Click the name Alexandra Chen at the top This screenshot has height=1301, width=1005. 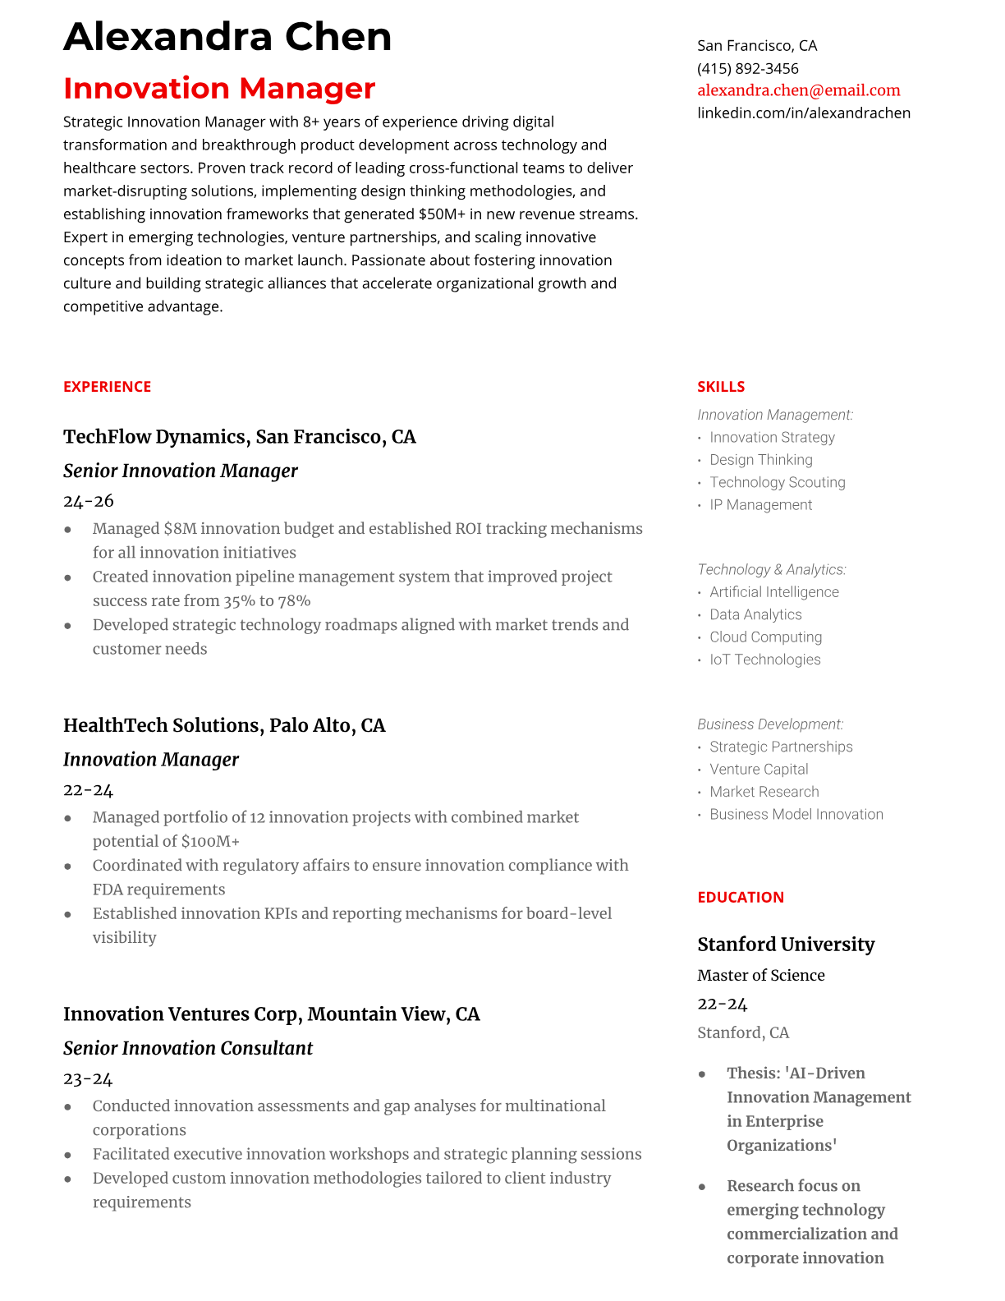tap(227, 37)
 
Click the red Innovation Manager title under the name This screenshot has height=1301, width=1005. tap(219, 88)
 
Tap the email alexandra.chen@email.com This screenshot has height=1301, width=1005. tap(798, 90)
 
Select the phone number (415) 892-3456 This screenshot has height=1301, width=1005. tap(747, 68)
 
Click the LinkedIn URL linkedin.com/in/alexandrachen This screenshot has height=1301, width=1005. tap(803, 113)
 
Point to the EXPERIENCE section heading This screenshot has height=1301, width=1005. tap(107, 387)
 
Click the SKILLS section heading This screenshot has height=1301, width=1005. tap(720, 387)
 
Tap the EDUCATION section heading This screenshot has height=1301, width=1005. tap(740, 898)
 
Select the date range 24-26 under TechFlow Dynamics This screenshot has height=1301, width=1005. tap(88, 501)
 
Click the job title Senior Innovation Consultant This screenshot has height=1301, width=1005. tap(188, 1048)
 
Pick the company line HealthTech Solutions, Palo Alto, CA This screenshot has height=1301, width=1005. tap(224, 725)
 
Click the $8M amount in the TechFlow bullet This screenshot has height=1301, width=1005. tap(180, 529)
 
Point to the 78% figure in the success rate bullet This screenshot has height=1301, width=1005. tap(293, 601)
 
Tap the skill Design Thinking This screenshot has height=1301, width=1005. tap(760, 460)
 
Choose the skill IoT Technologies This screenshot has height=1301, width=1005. tap(764, 660)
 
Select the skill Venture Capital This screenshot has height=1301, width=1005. tap(759, 770)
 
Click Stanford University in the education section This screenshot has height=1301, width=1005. tap(786, 945)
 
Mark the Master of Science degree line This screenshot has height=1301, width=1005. tap(760, 976)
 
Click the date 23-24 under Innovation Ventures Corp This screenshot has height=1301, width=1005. tap(88, 1079)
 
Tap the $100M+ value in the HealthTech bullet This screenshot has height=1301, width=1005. tap(210, 842)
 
